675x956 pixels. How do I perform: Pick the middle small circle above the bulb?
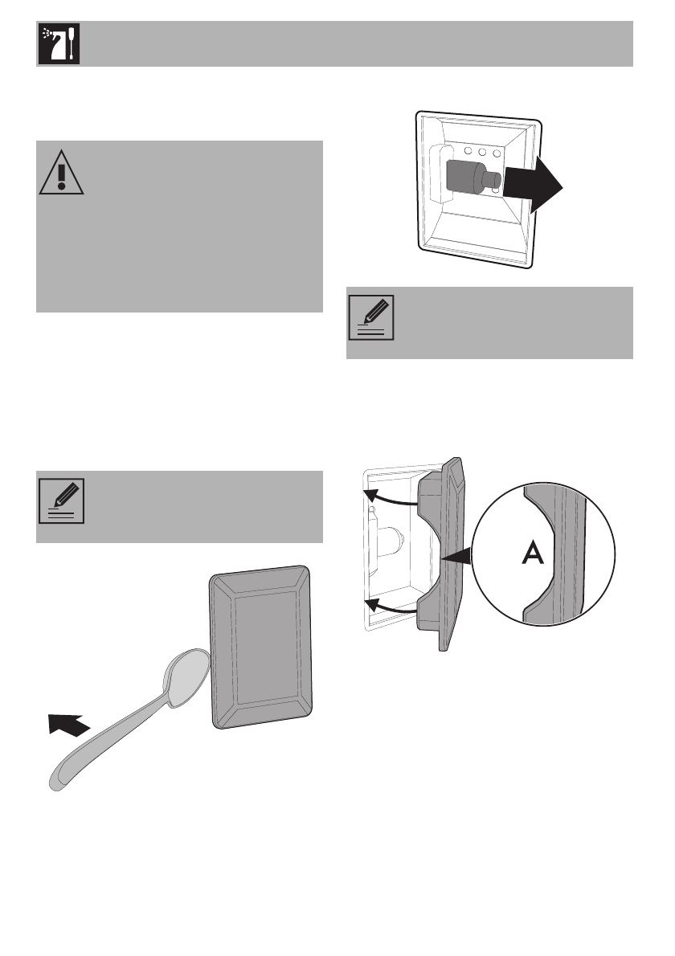click(482, 151)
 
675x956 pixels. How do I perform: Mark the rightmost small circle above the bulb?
click(497, 151)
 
